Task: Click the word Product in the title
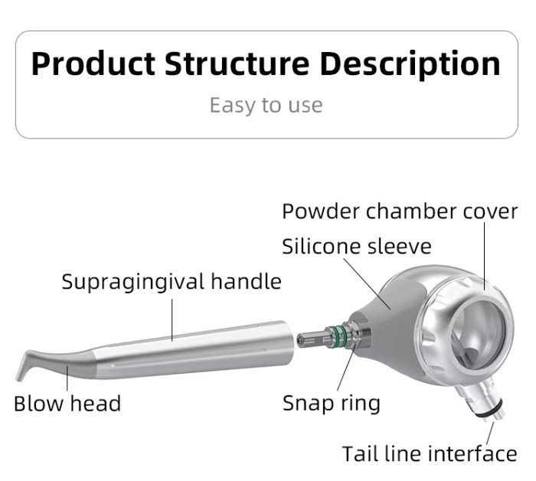click(93, 64)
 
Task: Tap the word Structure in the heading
click(237, 64)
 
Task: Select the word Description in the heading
click(410, 66)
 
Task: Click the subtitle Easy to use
click(266, 105)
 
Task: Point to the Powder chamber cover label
click(400, 211)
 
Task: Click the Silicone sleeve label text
click(357, 247)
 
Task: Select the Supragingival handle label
click(172, 282)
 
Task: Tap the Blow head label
click(67, 404)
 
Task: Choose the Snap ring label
click(332, 404)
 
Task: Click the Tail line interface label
click(430, 454)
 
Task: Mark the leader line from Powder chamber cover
click(485, 256)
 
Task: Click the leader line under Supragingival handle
click(172, 320)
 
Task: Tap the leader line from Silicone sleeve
click(367, 283)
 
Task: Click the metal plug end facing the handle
click(310, 340)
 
